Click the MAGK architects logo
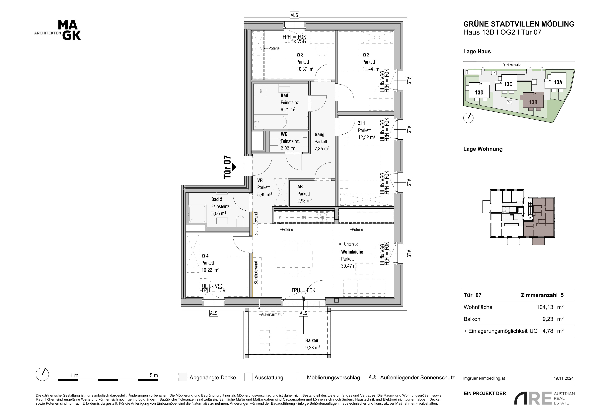tap(58, 30)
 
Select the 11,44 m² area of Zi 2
tap(371, 69)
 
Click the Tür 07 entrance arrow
tap(234, 167)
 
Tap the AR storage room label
tap(300, 187)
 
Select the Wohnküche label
tap(352, 252)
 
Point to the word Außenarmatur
tap(272, 314)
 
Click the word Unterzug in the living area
tap(351, 244)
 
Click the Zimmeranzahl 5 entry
tap(542, 295)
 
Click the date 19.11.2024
tap(563, 378)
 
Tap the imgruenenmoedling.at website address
tap(484, 378)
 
